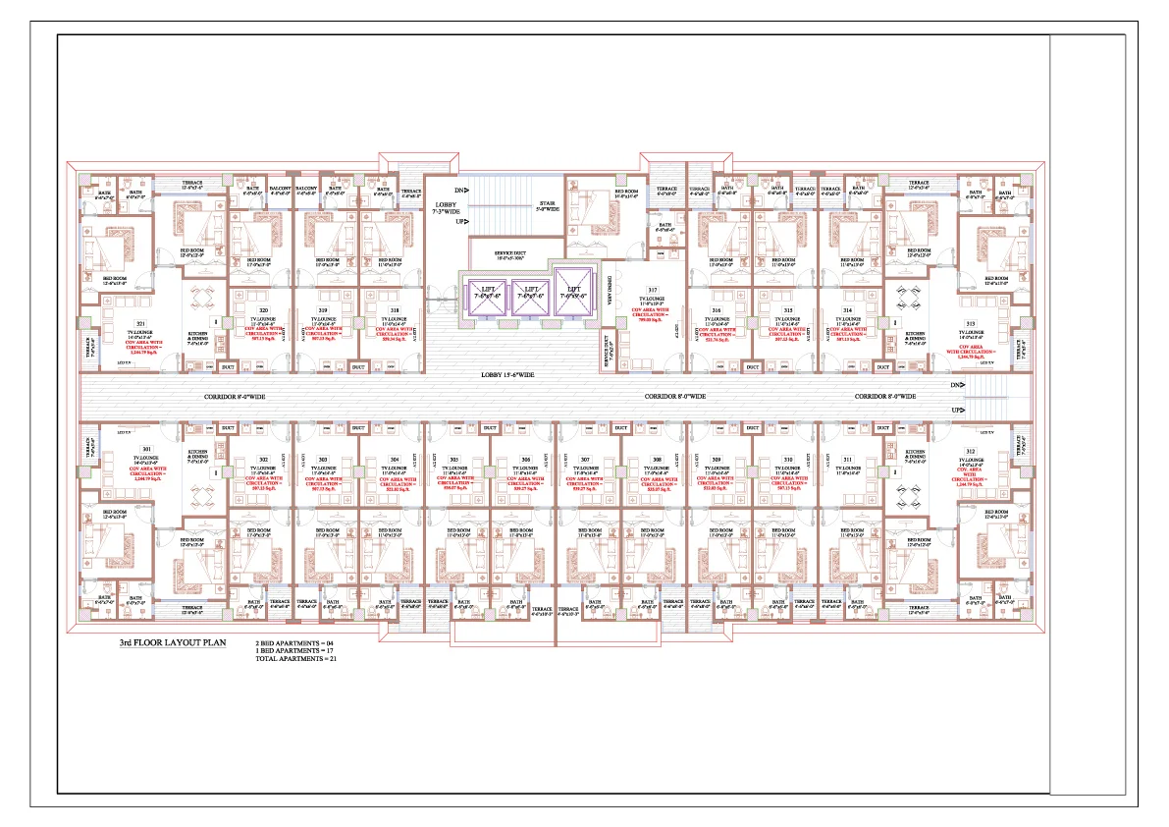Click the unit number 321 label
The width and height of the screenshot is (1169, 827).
tap(141, 324)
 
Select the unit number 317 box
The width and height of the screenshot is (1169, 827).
tap(652, 290)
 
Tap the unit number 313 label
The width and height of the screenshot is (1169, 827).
tap(971, 324)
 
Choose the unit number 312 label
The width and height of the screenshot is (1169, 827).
tap(971, 450)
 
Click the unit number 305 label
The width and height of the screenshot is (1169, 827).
tap(454, 459)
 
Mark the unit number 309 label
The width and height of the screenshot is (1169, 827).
tap(717, 459)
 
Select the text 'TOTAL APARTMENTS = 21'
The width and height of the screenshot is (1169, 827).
tap(288, 659)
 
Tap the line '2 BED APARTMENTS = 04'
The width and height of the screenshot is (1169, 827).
tap(288, 643)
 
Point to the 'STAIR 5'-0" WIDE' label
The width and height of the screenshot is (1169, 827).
tap(548, 206)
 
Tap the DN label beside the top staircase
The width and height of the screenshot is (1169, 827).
tap(460, 190)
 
